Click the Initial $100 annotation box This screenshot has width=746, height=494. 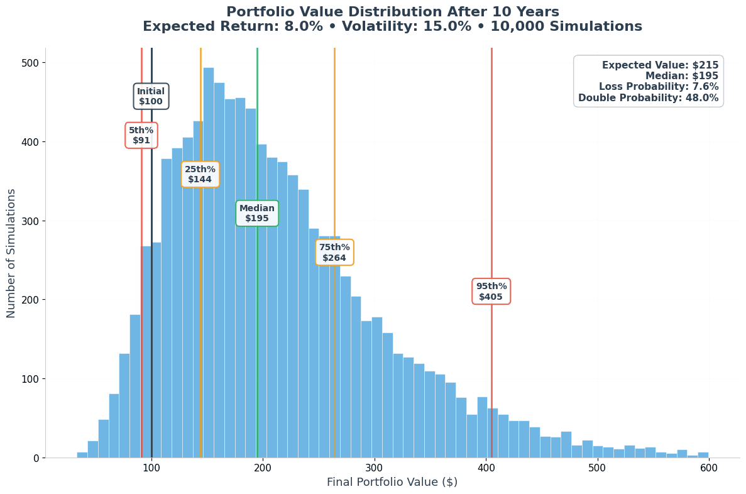[x=151, y=96]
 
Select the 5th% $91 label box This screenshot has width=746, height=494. [x=141, y=135]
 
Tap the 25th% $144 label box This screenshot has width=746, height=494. [x=200, y=174]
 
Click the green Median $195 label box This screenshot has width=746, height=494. [x=257, y=213]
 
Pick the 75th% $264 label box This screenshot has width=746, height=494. [x=334, y=252]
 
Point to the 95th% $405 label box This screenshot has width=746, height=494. [x=491, y=292]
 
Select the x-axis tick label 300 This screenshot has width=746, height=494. [x=374, y=468]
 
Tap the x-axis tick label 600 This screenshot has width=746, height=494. [x=708, y=468]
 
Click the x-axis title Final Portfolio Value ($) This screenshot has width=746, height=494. [x=392, y=483]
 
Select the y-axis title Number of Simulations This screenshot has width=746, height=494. [x=12, y=253]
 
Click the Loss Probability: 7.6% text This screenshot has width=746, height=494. [x=659, y=87]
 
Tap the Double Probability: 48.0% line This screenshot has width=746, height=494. [x=648, y=98]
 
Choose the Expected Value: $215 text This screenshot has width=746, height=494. [x=660, y=65]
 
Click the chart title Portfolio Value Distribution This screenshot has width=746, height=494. [x=392, y=13]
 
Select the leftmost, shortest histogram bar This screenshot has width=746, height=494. [x=82, y=455]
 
